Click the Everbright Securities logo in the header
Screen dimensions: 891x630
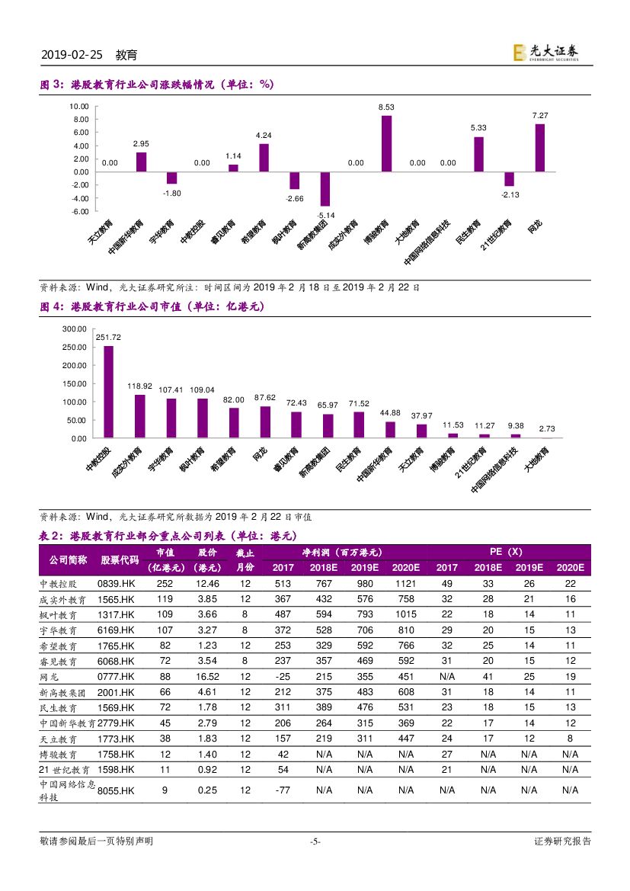[545, 51]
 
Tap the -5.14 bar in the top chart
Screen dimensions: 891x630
[325, 189]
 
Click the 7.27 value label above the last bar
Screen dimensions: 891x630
[539, 115]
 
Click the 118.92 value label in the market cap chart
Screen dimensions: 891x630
[139, 386]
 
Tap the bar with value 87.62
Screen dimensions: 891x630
[265, 421]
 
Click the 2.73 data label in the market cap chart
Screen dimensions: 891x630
[546, 429]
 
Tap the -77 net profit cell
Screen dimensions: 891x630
[283, 790]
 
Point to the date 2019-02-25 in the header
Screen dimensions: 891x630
[71, 56]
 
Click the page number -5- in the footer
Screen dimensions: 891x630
[315, 841]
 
